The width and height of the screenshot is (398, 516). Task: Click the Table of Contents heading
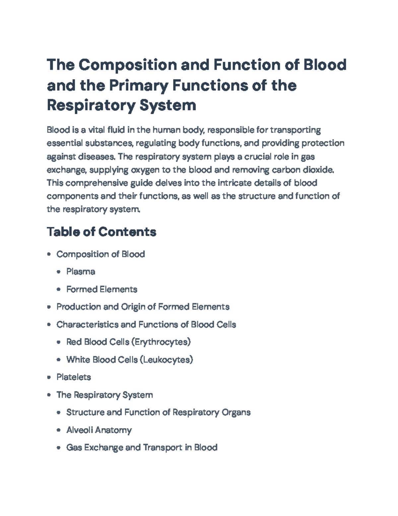(101, 232)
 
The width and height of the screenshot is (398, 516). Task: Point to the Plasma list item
(81, 271)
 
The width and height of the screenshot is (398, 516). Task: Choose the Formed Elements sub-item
(101, 289)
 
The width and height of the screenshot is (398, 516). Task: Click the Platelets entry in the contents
(74, 377)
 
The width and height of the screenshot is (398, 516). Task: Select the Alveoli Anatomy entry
(99, 430)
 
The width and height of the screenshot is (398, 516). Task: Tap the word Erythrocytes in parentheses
(161, 342)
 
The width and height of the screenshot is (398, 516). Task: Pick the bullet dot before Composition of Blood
(49, 255)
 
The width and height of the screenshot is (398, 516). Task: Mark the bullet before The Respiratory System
(49, 395)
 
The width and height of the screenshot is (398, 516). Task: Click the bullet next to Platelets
(49, 377)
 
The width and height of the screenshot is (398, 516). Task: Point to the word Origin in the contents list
(133, 307)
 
